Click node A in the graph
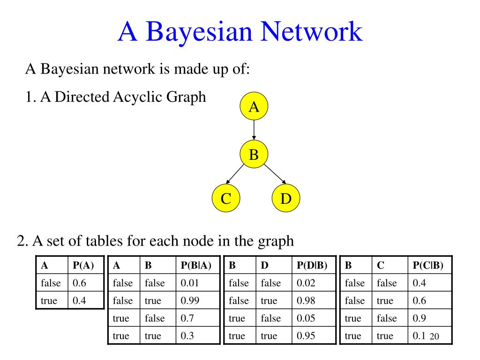(254, 107)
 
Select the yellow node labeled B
(254, 154)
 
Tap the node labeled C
(226, 199)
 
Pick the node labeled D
(286, 199)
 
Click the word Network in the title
(312, 32)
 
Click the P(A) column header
(83, 266)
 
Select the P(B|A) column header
(196, 266)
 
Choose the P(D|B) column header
(312, 266)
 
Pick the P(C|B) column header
(428, 266)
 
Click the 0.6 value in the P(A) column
(80, 283)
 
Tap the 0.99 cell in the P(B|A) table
(190, 300)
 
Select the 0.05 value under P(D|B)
(307, 318)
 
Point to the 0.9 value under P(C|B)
(420, 318)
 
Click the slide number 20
(434, 337)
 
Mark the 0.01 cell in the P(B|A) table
(190, 283)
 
